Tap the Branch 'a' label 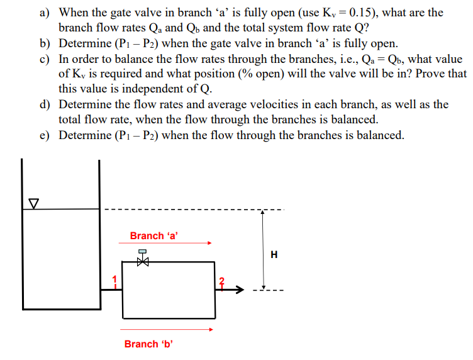pos(154,236)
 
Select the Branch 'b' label pos(148,344)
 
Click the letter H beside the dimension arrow pos(274,255)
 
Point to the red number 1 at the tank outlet pos(114,279)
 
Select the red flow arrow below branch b pos(163,329)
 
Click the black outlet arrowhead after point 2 pos(240,290)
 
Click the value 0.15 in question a pos(348,13)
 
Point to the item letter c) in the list pos(45,59)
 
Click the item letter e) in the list pos(45,135)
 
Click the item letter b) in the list pos(45,43)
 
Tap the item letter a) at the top pos(45,13)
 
